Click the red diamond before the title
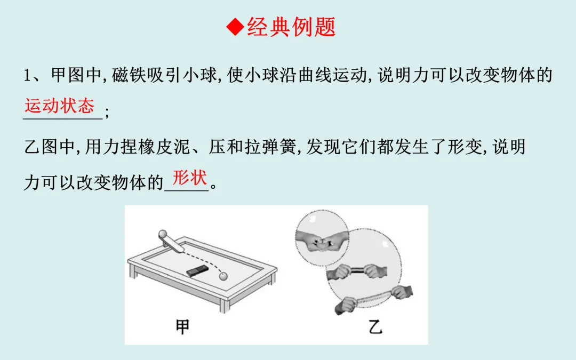[235, 27]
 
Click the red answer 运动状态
[59, 106]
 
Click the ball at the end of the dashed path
[222, 276]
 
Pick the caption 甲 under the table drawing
[182, 326]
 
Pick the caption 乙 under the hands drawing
[375, 326]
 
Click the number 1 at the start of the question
[28, 75]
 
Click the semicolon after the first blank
[106, 113]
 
